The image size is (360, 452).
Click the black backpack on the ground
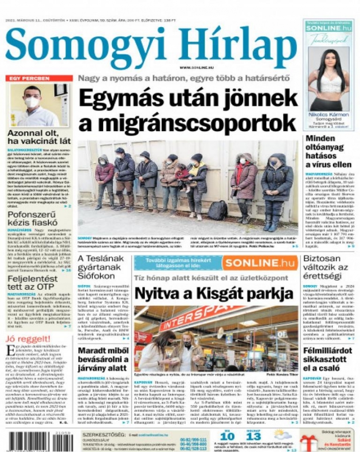217,210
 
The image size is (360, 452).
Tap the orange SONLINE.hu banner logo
260,263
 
